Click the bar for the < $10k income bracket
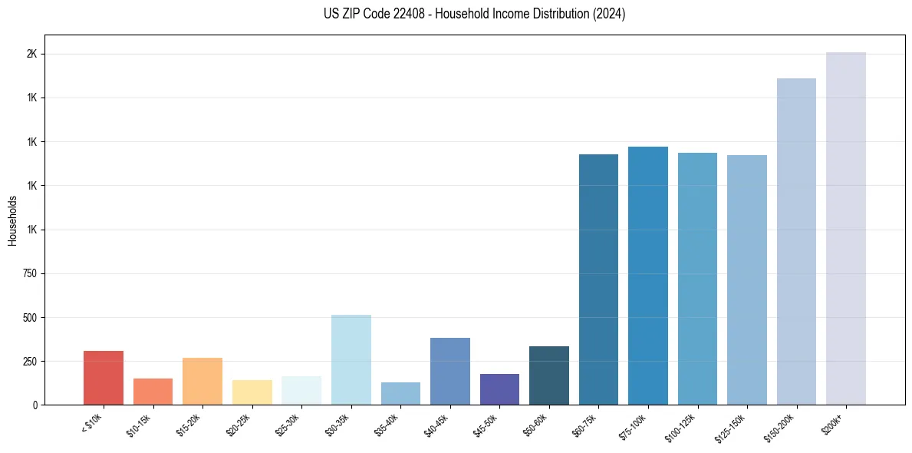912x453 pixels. [x=103, y=378]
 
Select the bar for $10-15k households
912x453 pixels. [x=153, y=392]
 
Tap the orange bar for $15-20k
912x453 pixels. [x=202, y=382]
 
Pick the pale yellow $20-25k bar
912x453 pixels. [x=252, y=392]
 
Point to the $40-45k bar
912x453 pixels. [x=449, y=371]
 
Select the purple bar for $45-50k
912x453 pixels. [x=499, y=389]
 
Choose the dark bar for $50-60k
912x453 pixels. [x=549, y=375]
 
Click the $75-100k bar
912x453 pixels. [x=648, y=276]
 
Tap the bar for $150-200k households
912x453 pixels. [x=796, y=241]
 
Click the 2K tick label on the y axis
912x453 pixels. [x=32, y=55]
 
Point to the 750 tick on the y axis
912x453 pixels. [x=30, y=273]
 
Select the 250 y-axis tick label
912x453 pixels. [x=30, y=361]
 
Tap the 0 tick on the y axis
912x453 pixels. [x=35, y=405]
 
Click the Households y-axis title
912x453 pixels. [x=12, y=220]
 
